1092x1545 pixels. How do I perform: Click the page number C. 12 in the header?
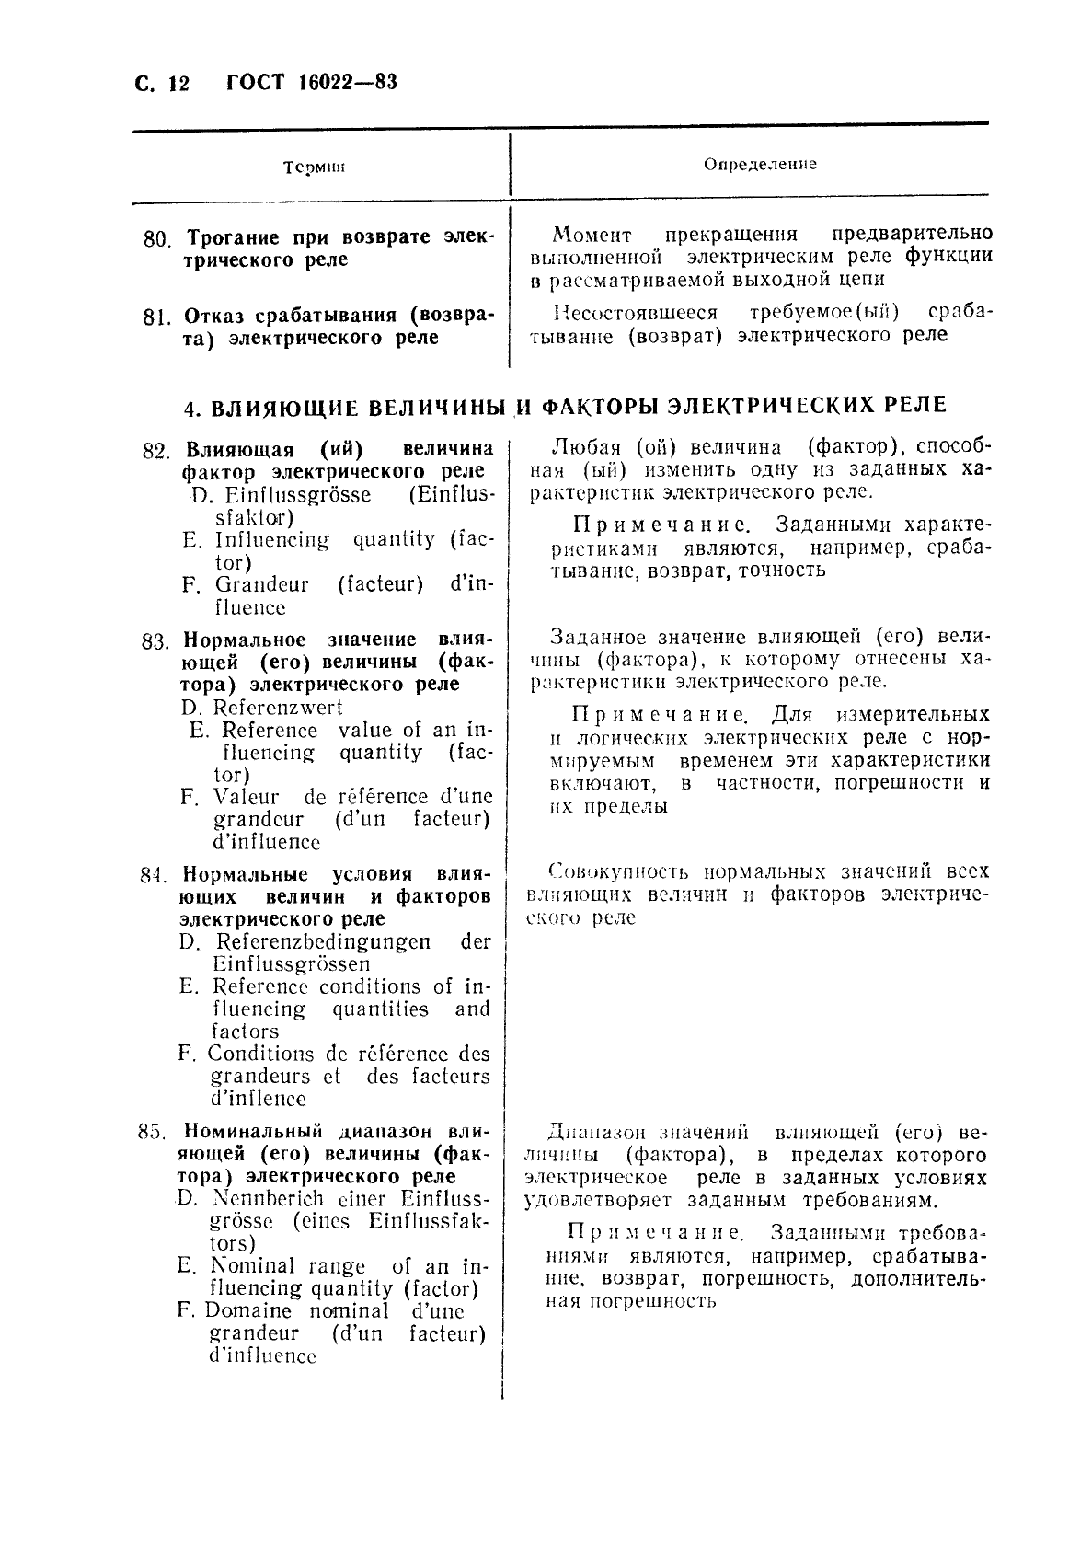click(161, 85)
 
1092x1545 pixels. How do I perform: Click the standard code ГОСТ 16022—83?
click(311, 84)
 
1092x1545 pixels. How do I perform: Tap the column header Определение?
click(760, 165)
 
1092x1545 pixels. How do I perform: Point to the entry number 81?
click(157, 318)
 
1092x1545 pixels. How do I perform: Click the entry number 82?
click(156, 452)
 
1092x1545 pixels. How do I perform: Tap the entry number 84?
click(152, 875)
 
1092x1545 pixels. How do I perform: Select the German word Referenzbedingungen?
click(323, 941)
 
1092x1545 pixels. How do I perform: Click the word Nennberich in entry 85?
click(268, 1199)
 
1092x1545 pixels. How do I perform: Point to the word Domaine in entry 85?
click(247, 1311)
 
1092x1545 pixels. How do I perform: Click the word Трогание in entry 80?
click(226, 237)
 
